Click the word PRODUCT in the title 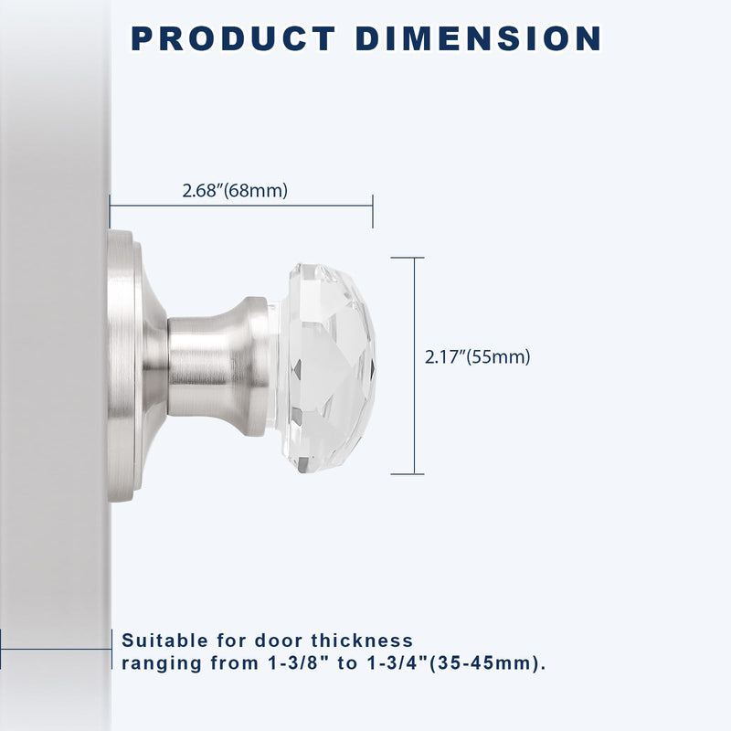tap(234, 38)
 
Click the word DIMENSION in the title tap(478, 38)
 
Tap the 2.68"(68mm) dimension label tap(235, 191)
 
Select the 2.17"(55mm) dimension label tap(477, 357)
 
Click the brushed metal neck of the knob tap(217, 366)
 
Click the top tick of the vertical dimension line tap(407, 258)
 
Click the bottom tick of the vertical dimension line tap(407, 474)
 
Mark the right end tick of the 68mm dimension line tap(373, 211)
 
